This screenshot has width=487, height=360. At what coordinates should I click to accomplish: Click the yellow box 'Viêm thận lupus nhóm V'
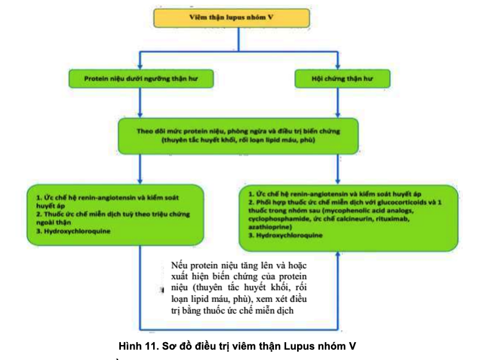239,17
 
